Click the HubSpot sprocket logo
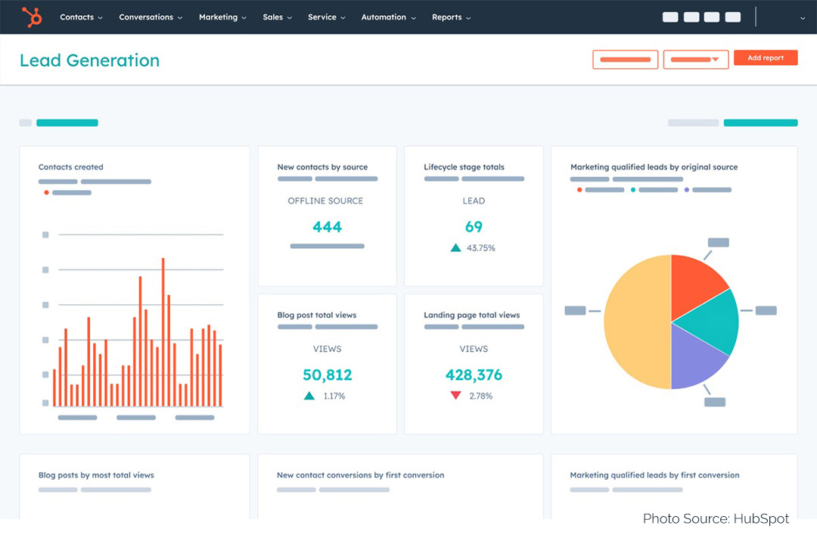coord(32,17)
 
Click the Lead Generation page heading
coord(89,61)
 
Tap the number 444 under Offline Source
coord(327,226)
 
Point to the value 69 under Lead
coord(474,226)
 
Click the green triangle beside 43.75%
coord(455,247)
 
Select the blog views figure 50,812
coord(327,375)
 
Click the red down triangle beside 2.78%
coord(455,395)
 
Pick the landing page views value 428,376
coord(474,375)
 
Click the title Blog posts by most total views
coord(96,475)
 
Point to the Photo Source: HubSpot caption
coord(716,518)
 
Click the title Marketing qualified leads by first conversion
coord(654,475)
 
